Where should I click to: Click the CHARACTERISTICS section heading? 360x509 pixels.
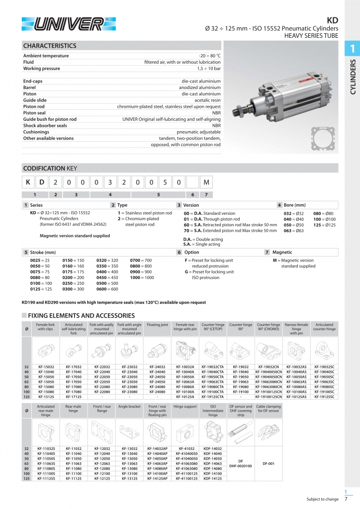(50, 46)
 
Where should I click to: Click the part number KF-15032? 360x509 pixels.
(46, 367)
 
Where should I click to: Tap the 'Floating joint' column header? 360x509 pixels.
(157, 325)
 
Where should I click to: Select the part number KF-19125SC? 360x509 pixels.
(324, 397)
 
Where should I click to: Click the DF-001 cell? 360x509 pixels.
(268, 463)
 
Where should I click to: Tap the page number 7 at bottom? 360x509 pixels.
(346, 500)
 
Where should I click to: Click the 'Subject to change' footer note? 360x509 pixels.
(322, 500)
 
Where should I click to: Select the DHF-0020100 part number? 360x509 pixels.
(240, 466)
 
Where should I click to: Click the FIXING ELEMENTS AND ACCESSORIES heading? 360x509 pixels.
(81, 316)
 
